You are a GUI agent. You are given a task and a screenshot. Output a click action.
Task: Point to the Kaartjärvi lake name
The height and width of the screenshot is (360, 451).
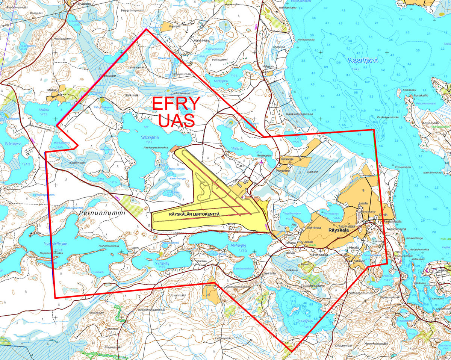[362, 61]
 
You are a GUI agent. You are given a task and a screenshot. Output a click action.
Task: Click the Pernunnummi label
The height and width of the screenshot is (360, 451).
[102, 213]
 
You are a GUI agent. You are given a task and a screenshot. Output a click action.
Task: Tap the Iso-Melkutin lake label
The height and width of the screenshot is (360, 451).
[56, 244]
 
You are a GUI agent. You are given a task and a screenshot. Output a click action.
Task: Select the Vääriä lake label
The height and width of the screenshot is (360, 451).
[237, 148]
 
